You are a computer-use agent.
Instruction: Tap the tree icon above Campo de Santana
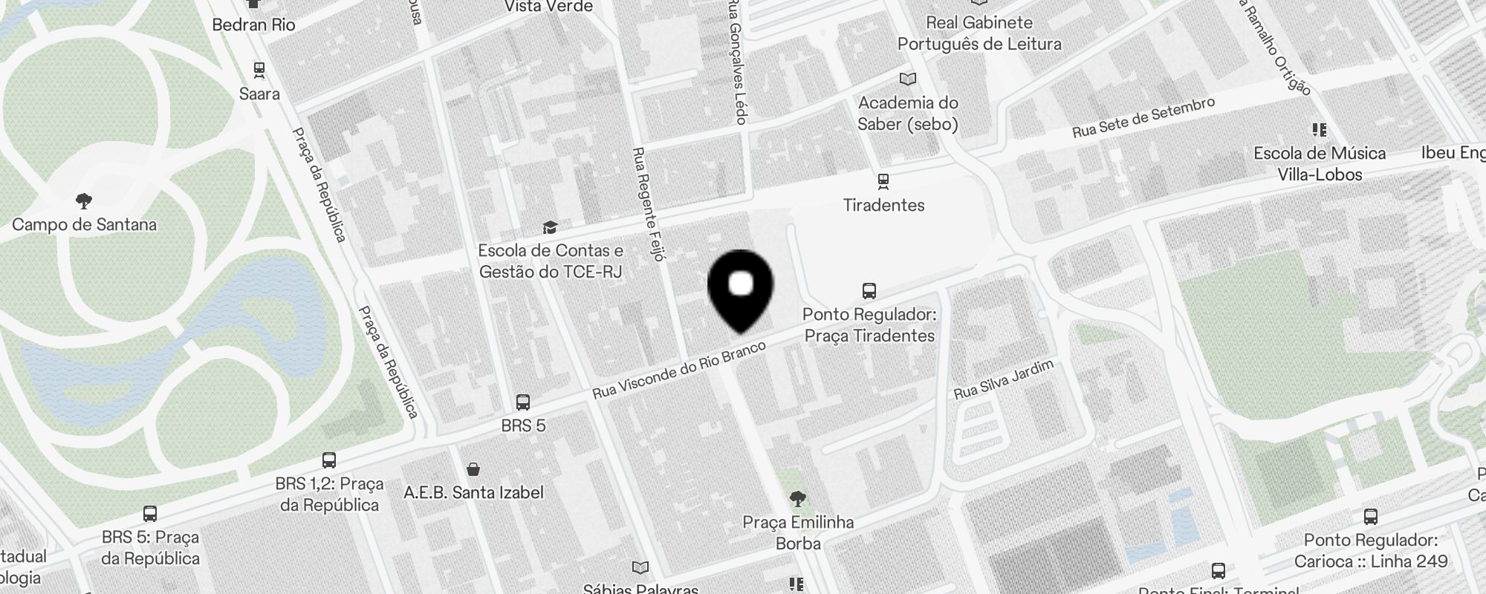84,200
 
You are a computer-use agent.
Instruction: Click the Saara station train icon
259,71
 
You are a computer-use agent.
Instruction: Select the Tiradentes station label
883,205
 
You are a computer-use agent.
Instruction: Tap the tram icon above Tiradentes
883,180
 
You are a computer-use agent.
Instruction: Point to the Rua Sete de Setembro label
1143,118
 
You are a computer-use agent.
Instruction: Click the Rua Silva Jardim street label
1004,379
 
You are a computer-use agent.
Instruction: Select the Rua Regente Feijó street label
647,203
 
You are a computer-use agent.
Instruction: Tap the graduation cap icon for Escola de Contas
550,227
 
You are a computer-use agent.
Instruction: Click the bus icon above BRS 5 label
523,402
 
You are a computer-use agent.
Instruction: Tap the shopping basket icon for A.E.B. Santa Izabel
473,469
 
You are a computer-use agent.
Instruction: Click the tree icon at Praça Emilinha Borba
798,498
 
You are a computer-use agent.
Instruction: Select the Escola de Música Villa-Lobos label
1319,164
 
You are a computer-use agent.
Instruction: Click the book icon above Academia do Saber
907,79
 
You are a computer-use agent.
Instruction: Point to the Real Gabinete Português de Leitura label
979,33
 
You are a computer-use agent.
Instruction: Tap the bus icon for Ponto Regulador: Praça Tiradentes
869,290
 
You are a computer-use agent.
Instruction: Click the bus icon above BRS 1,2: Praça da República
329,460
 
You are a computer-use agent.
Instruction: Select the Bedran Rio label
253,25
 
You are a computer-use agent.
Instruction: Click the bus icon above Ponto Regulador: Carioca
1371,517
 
